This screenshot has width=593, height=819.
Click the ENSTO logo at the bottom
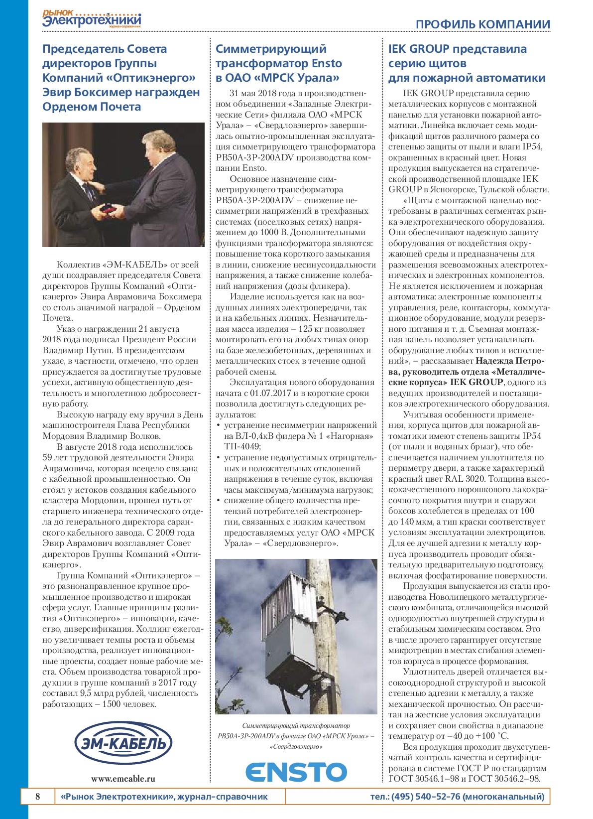coord(296,772)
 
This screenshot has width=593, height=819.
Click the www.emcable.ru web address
coord(123,779)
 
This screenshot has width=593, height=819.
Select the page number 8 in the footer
coord(38,796)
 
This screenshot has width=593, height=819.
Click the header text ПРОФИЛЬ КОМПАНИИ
coord(482,24)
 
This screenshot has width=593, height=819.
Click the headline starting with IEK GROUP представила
coord(467,63)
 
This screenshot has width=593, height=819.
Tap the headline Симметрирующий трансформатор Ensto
coord(278,63)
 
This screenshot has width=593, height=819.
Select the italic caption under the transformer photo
coord(296,736)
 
